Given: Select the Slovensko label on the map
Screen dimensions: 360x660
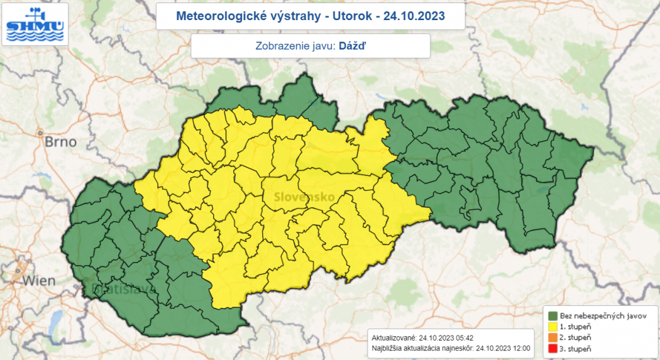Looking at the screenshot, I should coord(304,197).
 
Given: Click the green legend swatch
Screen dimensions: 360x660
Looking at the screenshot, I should coord(554,315).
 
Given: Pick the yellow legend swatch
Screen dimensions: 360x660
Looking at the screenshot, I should coord(554,326).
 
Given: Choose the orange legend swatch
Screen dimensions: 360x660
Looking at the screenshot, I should coord(554,337).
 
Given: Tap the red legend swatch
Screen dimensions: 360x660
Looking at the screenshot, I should coord(554,347).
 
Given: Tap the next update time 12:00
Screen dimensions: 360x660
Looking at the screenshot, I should coord(521,348).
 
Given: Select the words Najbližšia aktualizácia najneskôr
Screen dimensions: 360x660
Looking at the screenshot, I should coord(423,348).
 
